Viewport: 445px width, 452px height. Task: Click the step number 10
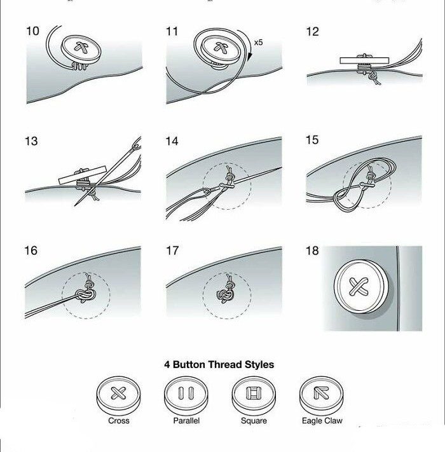[x=32, y=31]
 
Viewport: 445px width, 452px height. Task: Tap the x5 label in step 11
[x=258, y=43]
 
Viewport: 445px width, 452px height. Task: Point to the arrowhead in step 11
[x=250, y=57]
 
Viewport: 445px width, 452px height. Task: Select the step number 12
[x=312, y=32]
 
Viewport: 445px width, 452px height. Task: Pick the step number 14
[x=172, y=141]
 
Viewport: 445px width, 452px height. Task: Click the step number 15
[x=312, y=140]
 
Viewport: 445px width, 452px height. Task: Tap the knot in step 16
[x=86, y=294]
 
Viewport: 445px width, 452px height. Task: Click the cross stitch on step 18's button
[x=359, y=287]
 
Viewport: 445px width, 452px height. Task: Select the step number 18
[x=312, y=250]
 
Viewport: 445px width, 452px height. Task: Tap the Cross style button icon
[x=118, y=395]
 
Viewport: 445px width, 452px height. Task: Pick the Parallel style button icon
[x=186, y=395]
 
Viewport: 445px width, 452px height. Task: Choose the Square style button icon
[x=254, y=395]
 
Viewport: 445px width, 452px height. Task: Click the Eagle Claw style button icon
[x=322, y=395]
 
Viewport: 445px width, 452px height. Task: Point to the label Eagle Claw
[x=322, y=421]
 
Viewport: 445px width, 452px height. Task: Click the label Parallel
[x=186, y=421]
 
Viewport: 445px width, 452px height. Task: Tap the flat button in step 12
[x=364, y=60]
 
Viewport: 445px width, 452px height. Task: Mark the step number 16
[x=31, y=250]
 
